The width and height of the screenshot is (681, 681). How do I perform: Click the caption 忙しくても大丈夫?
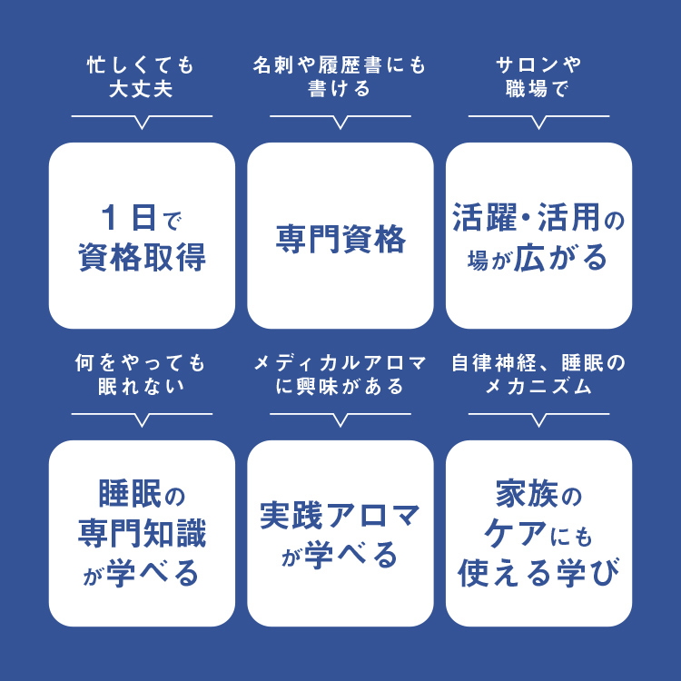141,77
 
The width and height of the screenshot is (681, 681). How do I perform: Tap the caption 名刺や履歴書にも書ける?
340,77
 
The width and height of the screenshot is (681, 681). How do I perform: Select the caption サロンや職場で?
538,77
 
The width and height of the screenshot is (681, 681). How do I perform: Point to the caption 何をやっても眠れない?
141,374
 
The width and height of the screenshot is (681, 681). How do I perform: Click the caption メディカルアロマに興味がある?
340,374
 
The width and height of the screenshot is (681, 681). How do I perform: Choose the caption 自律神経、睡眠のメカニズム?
538,374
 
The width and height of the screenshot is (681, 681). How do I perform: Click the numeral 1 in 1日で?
110,218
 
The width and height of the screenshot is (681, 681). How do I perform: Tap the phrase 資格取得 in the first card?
142,258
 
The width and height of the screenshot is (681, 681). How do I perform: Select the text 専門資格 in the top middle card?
340,239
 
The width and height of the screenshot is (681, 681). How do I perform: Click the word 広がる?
560,258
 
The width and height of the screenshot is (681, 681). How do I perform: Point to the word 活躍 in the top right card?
485,217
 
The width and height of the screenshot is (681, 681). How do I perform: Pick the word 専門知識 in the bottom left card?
142,533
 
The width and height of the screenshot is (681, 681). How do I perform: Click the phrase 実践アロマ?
340,516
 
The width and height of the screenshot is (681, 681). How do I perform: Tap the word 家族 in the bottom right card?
527,493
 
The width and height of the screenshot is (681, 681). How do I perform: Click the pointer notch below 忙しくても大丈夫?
142,123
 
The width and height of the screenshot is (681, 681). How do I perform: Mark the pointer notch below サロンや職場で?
538,123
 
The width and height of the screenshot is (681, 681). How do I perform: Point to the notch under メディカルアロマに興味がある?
340,420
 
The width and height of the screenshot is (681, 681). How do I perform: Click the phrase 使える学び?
538,573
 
